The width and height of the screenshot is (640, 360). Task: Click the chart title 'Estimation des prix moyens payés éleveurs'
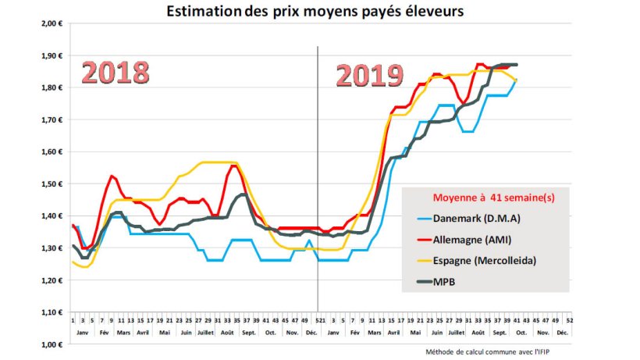click(320, 11)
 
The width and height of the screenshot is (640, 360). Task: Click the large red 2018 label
click(116, 73)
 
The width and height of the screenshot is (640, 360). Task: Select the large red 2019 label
click(370, 77)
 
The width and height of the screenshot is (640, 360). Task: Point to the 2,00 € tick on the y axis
click(52, 23)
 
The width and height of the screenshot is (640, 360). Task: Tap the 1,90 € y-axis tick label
click(52, 55)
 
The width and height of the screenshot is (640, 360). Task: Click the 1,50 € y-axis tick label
click(52, 184)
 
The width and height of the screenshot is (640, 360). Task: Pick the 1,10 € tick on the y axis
click(52, 312)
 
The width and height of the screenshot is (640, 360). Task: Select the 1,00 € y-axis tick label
click(52, 344)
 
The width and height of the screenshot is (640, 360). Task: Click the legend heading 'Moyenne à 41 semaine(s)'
click(483, 197)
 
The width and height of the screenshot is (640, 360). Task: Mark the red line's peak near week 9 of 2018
click(112, 176)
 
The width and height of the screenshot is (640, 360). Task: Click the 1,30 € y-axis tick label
click(52, 248)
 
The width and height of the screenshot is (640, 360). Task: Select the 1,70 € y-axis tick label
click(52, 119)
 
